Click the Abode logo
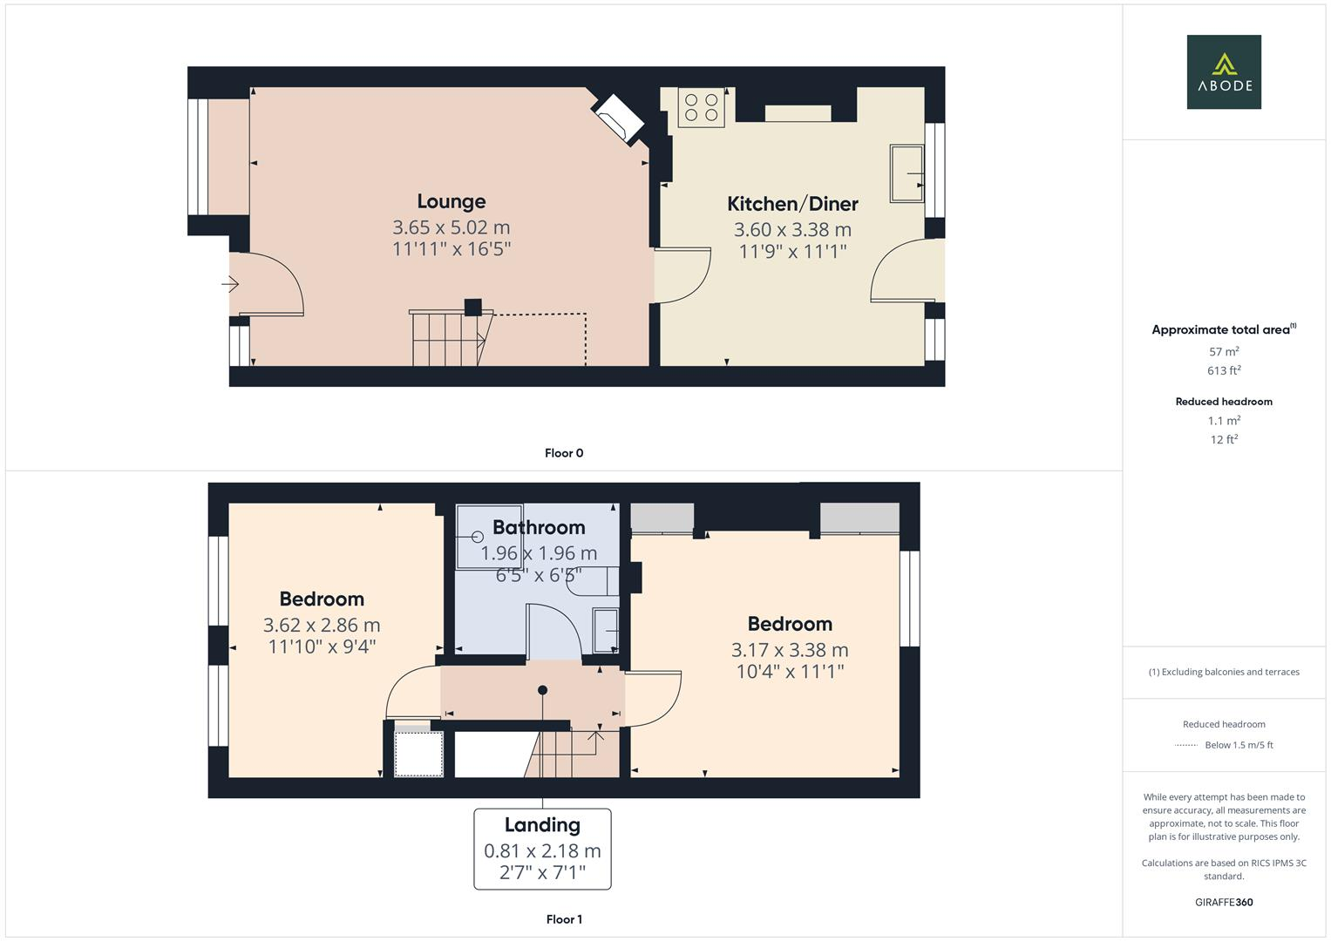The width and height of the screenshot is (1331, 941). [x=1223, y=72]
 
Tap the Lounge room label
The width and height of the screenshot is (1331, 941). [x=451, y=201]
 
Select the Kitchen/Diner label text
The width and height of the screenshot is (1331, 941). [x=792, y=204]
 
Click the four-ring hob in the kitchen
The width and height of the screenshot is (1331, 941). [x=701, y=107]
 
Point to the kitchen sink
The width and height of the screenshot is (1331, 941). [x=907, y=173]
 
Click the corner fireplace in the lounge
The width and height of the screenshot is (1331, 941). [x=618, y=118]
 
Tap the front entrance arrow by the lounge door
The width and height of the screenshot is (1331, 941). [x=230, y=284]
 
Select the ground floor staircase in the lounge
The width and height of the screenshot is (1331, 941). [x=447, y=339]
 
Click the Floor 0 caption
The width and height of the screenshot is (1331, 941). [x=564, y=453]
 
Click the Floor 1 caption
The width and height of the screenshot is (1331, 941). [x=564, y=919]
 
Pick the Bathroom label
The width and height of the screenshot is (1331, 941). [x=538, y=527]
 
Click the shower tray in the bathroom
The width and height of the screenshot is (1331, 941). [x=489, y=536]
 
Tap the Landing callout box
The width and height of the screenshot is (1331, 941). [x=542, y=849]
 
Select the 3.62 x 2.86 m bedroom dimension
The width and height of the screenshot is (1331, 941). [x=322, y=625]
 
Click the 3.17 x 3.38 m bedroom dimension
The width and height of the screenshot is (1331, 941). [x=789, y=650]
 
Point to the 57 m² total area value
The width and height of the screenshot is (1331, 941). [x=1224, y=352]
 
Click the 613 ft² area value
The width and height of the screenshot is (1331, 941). [x=1224, y=371]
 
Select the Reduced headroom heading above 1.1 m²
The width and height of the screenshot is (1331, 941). [x=1224, y=402]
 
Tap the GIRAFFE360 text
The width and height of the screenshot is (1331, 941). [x=1224, y=903]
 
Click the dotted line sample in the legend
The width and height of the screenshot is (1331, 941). [x=1186, y=746]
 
